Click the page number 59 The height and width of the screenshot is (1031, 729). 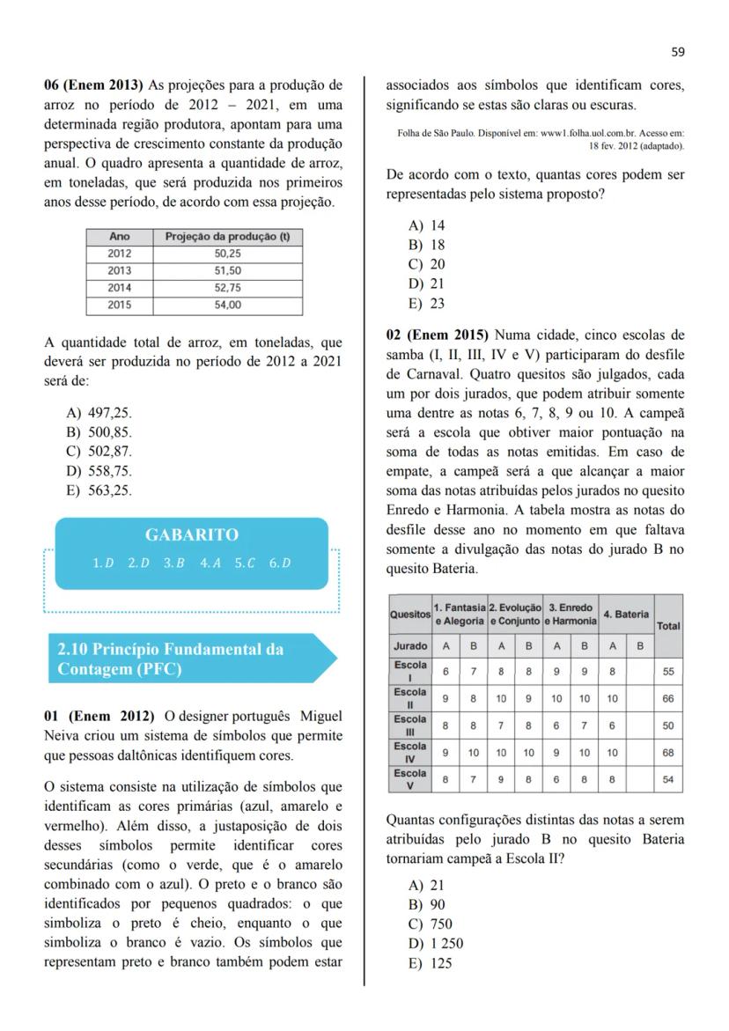677,52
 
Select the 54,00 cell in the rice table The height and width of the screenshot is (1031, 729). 227,305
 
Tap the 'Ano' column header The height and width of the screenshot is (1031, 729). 119,237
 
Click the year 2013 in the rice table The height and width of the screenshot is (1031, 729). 119,270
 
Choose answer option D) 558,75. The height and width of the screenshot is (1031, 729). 99,471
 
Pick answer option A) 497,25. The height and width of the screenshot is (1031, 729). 99,413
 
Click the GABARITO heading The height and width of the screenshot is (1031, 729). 191,534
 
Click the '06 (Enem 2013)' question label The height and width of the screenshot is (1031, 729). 93,85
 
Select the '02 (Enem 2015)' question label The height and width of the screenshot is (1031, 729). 437,335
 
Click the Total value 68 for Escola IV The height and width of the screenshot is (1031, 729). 668,753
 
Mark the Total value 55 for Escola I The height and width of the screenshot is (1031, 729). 668,671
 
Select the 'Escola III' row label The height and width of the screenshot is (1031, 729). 409,725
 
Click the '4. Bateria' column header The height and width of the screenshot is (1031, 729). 626,614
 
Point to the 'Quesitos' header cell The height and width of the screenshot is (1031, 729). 409,614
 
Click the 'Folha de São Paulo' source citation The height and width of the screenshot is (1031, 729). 541,139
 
